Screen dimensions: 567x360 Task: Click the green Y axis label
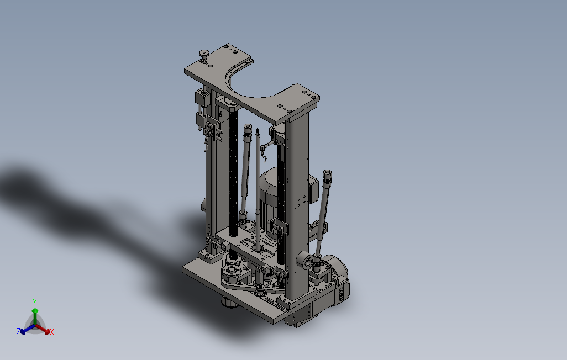click(35, 302)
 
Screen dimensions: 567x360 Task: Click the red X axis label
click(52, 332)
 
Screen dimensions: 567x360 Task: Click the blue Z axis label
click(18, 331)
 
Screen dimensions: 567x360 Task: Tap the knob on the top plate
click(204, 55)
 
